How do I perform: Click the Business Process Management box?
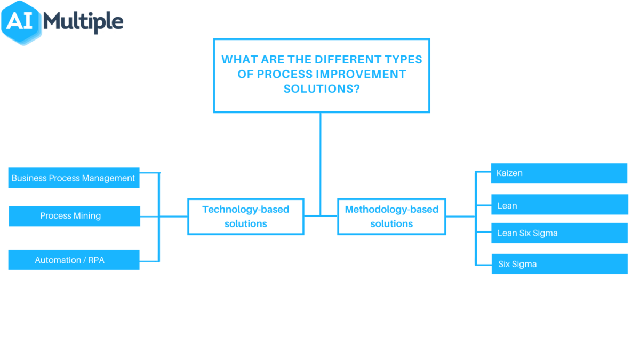[74, 178]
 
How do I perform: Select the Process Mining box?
[74, 216]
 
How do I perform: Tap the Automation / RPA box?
[74, 260]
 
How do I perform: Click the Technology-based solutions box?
[246, 217]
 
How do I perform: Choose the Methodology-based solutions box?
[391, 217]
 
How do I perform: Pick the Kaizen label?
[509, 173]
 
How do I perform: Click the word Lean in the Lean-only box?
[507, 205]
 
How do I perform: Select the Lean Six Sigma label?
[527, 233]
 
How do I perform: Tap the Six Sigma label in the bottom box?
[517, 264]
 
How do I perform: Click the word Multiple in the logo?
[83, 22]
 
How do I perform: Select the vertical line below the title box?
[321, 160]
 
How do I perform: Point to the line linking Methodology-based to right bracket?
[460, 217]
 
